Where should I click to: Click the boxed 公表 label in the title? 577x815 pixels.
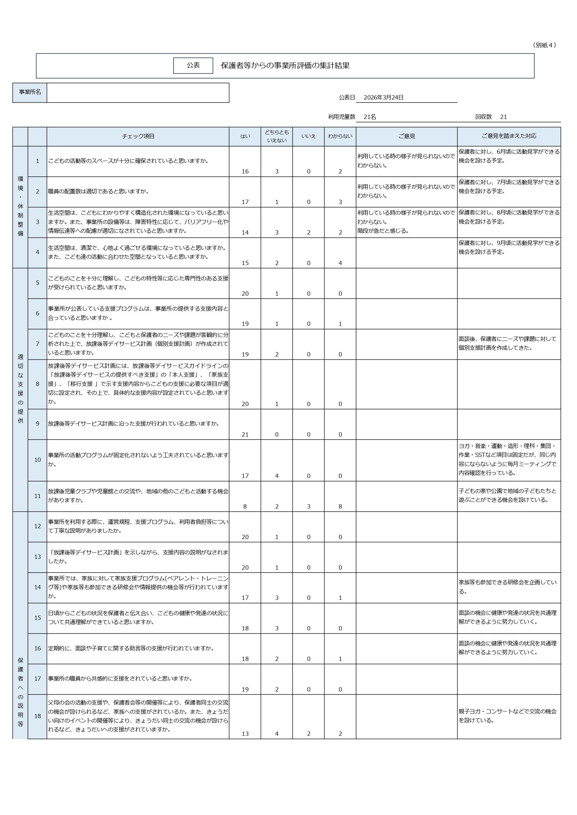(193, 66)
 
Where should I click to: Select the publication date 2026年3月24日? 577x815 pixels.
(383, 98)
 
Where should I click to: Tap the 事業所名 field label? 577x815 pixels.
(30, 92)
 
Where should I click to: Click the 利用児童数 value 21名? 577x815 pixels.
(370, 117)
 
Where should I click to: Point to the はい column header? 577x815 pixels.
(245, 136)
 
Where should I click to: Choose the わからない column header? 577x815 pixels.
(340, 136)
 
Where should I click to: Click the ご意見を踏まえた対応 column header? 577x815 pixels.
(509, 136)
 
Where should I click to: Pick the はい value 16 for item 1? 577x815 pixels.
(245, 171)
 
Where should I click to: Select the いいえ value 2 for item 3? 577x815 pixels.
(308, 233)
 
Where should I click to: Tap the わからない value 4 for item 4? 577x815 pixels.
(340, 263)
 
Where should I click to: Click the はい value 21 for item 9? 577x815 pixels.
(245, 435)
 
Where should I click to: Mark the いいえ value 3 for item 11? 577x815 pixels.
(308, 507)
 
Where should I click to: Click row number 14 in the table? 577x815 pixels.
(37, 587)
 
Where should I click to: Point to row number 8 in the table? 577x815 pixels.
(37, 384)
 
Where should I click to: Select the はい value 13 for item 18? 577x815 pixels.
(245, 734)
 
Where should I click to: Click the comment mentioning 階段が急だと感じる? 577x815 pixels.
(383, 231)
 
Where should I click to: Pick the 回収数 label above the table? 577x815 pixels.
(483, 117)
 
